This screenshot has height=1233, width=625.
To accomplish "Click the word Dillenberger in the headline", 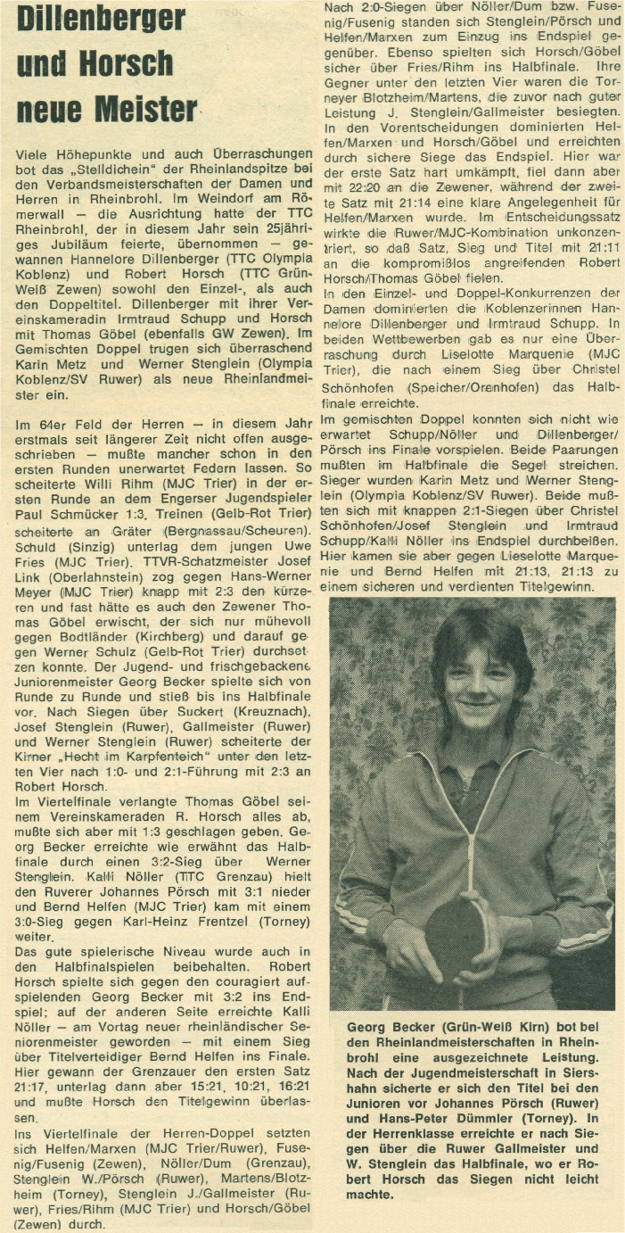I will (x=102, y=19).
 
